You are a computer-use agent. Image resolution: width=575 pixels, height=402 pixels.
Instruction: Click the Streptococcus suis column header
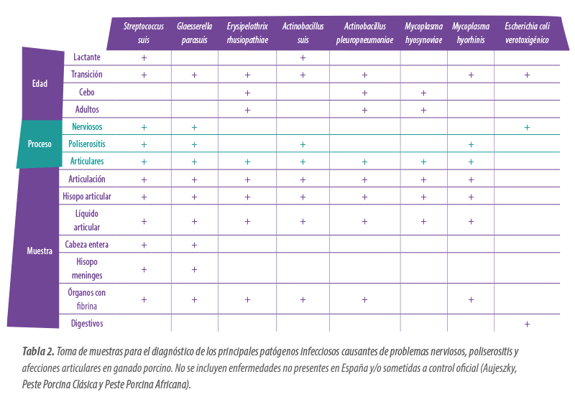(x=144, y=33)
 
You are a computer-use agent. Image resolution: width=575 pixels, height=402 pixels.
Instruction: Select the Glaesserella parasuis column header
(x=194, y=33)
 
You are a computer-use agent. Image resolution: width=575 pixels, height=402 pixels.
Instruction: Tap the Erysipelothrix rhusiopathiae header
(x=247, y=33)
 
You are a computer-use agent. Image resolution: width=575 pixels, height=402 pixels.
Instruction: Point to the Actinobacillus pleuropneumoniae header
(x=364, y=33)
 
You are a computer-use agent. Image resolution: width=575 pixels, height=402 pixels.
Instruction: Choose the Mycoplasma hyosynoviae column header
(x=423, y=33)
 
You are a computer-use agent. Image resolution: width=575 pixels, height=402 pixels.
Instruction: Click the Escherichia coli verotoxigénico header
(x=527, y=33)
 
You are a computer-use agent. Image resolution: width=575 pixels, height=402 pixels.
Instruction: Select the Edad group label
(x=40, y=84)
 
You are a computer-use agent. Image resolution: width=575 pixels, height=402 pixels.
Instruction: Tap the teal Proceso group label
(x=40, y=144)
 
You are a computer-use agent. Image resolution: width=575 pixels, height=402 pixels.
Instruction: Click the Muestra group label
(x=40, y=251)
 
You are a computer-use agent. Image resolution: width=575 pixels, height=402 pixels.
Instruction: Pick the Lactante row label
(x=87, y=57)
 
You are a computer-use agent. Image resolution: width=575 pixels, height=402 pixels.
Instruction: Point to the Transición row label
(x=87, y=75)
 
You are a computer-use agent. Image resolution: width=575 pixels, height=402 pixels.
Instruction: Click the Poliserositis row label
(x=87, y=144)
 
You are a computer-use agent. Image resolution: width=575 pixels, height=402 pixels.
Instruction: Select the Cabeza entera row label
(x=87, y=245)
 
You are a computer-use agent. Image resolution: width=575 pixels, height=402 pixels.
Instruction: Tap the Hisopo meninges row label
(x=87, y=268)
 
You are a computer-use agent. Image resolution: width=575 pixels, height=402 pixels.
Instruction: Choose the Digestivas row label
(x=87, y=324)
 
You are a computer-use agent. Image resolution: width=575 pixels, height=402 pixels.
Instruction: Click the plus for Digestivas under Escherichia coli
(x=527, y=324)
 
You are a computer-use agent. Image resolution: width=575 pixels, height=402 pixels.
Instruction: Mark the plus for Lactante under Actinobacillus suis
(x=303, y=57)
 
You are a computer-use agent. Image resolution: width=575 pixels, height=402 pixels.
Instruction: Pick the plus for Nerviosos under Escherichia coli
(x=527, y=127)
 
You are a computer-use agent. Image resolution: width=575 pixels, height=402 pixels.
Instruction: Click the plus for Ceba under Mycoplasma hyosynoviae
(x=423, y=93)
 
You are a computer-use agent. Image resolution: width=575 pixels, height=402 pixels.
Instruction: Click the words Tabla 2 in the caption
(x=36, y=352)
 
